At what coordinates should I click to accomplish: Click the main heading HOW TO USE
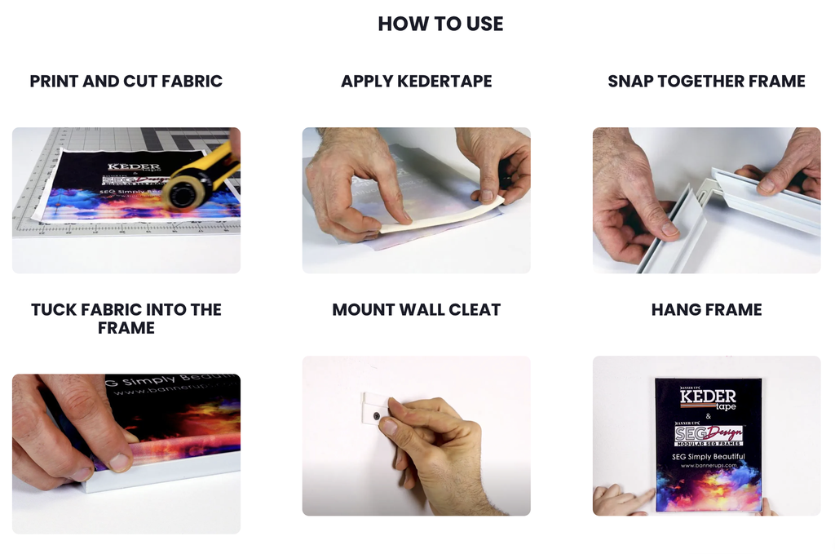(440, 24)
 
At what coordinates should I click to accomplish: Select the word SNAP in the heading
(630, 81)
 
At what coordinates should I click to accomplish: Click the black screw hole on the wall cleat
(377, 416)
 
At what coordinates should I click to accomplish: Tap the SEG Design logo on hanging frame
(707, 434)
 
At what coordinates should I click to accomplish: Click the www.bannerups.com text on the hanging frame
(708, 465)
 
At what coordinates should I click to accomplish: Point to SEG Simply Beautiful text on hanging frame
(708, 456)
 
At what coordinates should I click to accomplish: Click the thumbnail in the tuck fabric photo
(120, 463)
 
